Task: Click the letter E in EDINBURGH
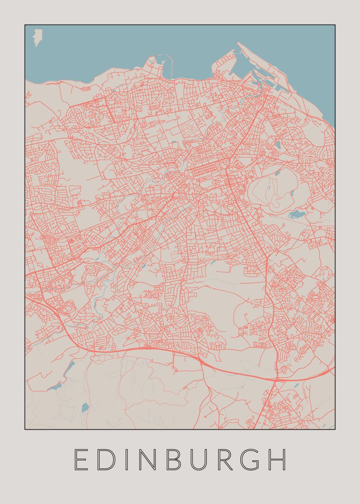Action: click(x=81, y=459)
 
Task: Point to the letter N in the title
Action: click(x=147, y=459)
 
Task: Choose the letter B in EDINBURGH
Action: click(x=174, y=459)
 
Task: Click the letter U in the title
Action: click(x=200, y=459)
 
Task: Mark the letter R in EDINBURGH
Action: click(x=227, y=459)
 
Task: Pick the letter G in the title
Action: click(x=253, y=459)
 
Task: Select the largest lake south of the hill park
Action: click(x=297, y=215)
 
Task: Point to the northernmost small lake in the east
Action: click(x=278, y=144)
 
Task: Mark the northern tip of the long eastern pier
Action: click(x=238, y=43)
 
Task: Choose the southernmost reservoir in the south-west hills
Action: click(x=85, y=407)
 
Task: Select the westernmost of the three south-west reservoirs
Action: click(x=55, y=387)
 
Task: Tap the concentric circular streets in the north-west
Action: click(x=77, y=114)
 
